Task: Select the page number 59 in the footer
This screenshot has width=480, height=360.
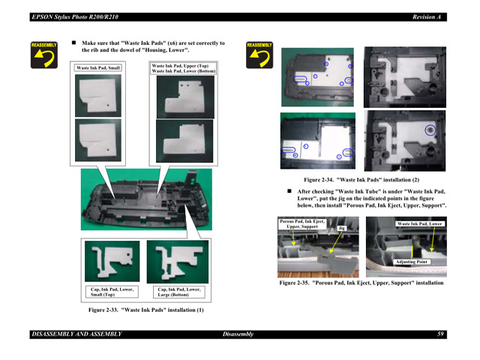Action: (x=441, y=334)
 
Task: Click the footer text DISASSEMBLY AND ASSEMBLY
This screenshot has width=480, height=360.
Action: (x=76, y=334)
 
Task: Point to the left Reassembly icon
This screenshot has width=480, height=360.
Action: (x=43, y=55)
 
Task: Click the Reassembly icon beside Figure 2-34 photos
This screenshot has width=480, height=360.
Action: (x=259, y=55)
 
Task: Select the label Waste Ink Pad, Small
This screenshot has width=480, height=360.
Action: (x=98, y=68)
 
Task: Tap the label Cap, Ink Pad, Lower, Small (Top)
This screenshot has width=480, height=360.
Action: (x=108, y=292)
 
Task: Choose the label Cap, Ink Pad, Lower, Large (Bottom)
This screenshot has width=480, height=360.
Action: (x=178, y=292)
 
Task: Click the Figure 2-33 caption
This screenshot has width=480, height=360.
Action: (x=146, y=310)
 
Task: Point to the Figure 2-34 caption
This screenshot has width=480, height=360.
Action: (x=361, y=180)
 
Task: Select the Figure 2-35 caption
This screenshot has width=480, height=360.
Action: (x=361, y=283)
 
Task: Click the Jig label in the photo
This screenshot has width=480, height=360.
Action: (x=341, y=227)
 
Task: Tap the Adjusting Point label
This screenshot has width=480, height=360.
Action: (x=412, y=261)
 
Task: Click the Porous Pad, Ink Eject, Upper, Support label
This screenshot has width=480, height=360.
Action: (x=302, y=223)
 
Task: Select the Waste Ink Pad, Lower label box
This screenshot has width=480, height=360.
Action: (x=419, y=223)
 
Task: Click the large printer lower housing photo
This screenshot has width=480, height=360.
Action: (x=146, y=202)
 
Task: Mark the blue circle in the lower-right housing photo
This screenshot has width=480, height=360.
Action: (x=430, y=130)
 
